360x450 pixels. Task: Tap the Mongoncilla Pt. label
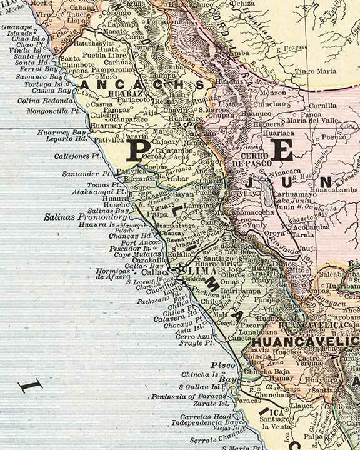[53, 111]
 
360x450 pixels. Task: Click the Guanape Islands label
[17, 31]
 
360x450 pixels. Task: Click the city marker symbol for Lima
[181, 270]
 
